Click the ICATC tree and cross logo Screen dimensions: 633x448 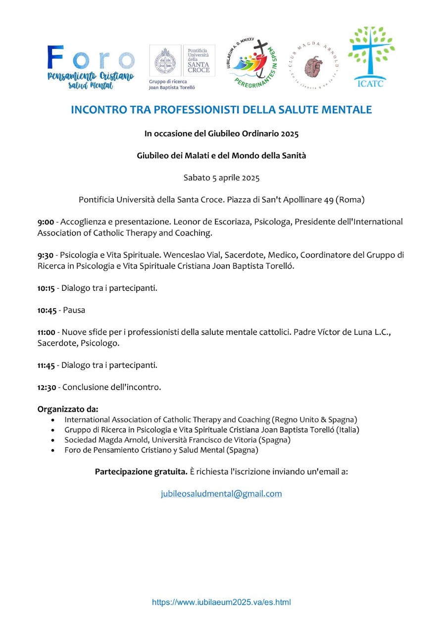click(371, 56)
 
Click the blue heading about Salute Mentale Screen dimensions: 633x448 click(221, 110)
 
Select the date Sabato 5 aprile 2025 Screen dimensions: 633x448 click(221, 178)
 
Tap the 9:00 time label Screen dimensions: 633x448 click(46, 222)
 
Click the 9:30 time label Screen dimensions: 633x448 click(46, 255)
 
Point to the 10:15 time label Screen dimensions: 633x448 click(47, 288)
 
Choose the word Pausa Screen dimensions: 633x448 click(74, 310)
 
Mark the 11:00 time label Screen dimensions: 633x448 click(47, 332)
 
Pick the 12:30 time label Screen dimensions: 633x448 click(47, 387)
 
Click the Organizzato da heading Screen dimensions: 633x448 click(68, 409)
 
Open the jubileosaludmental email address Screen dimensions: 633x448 click(221, 494)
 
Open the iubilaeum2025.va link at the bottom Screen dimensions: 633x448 click(221, 602)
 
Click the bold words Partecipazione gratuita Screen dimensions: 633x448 click(141, 471)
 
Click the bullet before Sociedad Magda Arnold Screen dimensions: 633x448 click(53, 440)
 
